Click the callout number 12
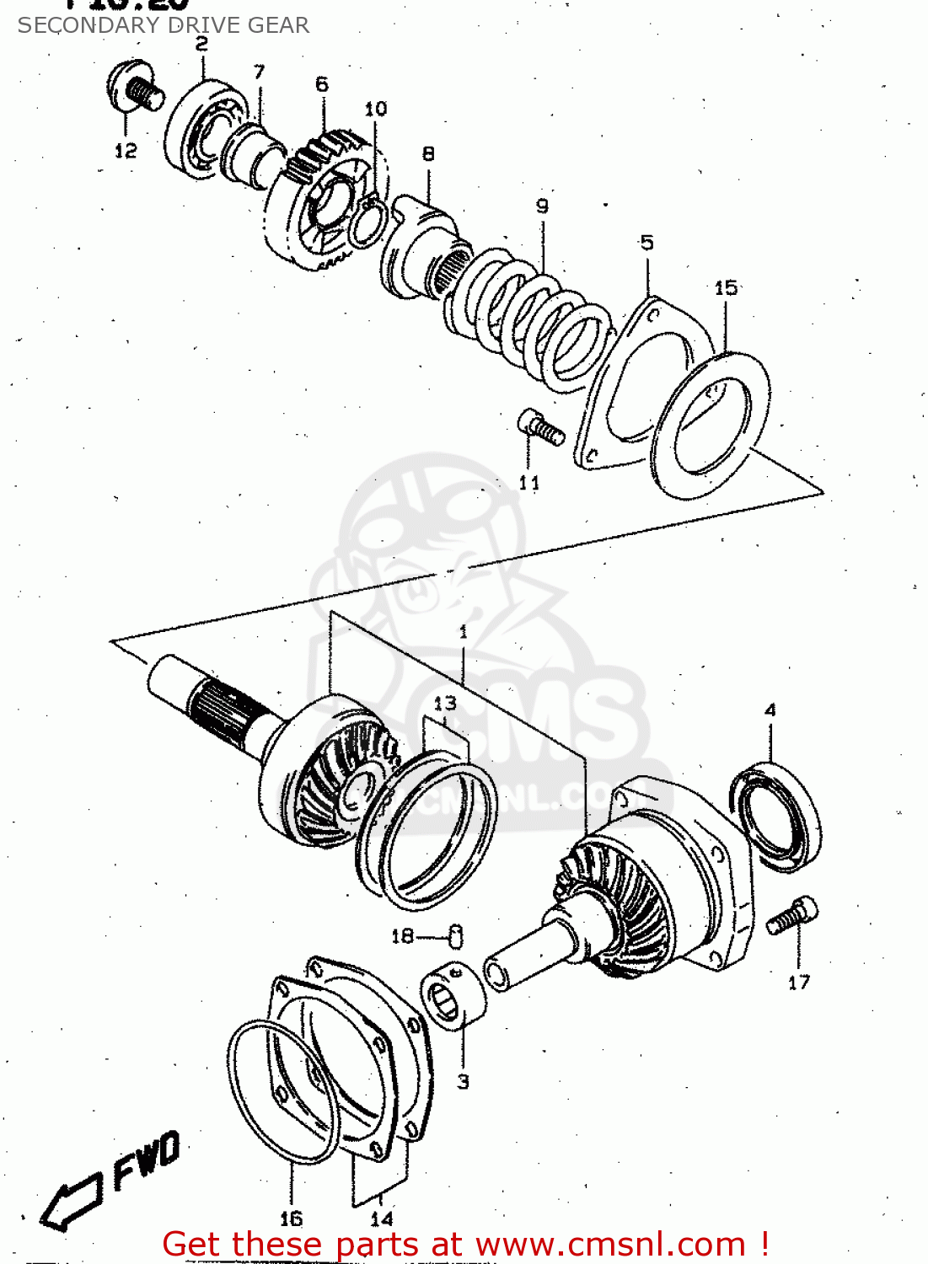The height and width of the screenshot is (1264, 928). point(125,151)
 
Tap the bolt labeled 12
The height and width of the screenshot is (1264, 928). point(135,88)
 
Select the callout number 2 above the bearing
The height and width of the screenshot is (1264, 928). point(201,44)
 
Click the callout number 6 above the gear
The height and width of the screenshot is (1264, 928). point(322,84)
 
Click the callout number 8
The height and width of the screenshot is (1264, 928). point(428,153)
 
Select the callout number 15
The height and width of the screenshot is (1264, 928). point(725,288)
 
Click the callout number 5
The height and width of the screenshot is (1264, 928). point(646,243)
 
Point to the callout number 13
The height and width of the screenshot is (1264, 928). point(444,703)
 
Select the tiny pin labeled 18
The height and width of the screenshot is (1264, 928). point(456,935)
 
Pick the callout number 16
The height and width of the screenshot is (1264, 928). point(291,1218)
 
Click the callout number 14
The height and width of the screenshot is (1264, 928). point(381,1218)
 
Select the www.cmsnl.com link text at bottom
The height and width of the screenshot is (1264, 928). point(610,1245)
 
